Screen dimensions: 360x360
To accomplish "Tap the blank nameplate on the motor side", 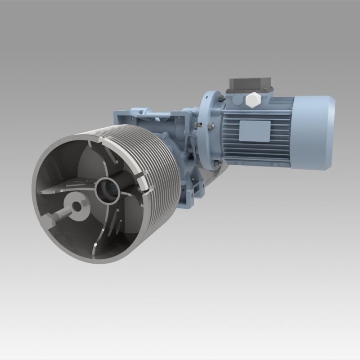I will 255,130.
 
